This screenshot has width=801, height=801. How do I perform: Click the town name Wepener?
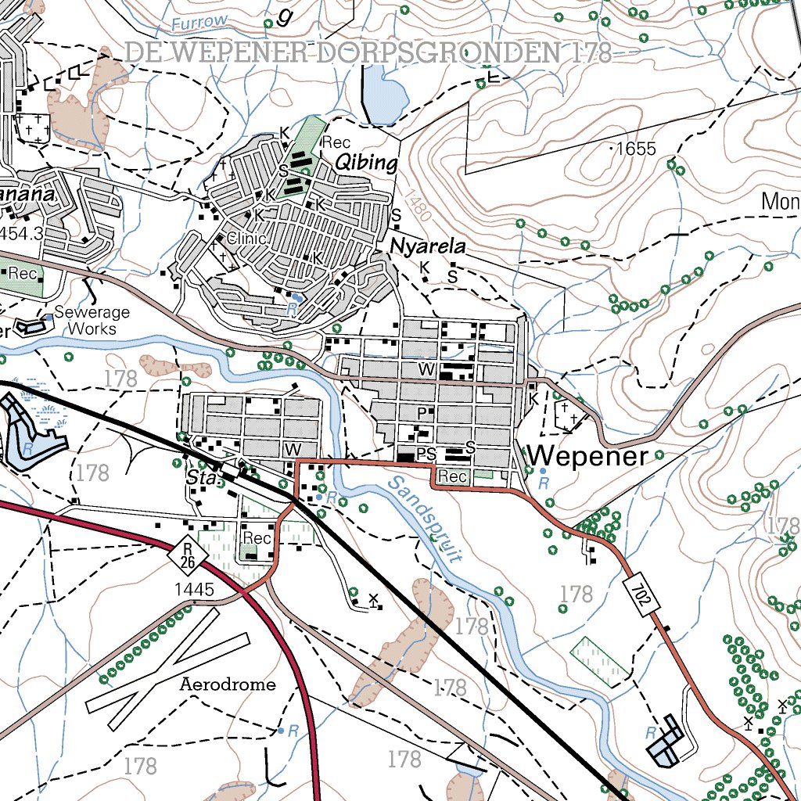[x=587, y=456]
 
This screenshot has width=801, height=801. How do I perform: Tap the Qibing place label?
[x=367, y=163]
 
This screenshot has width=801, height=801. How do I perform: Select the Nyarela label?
[x=428, y=246]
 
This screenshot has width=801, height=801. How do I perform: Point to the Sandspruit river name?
[x=426, y=519]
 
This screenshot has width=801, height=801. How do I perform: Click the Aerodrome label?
[x=228, y=684]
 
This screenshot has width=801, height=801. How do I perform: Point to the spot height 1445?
[x=195, y=590]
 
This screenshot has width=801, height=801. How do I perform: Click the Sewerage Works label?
[x=92, y=320]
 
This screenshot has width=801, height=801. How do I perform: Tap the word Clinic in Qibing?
[x=247, y=239]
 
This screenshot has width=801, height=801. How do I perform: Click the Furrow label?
[x=202, y=23]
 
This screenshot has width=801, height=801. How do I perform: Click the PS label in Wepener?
[x=426, y=454]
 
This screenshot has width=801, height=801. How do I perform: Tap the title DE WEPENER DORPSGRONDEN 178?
[x=368, y=52]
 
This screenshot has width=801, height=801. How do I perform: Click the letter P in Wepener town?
[x=420, y=412]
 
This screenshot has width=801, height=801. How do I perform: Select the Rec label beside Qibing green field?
[x=336, y=142]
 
